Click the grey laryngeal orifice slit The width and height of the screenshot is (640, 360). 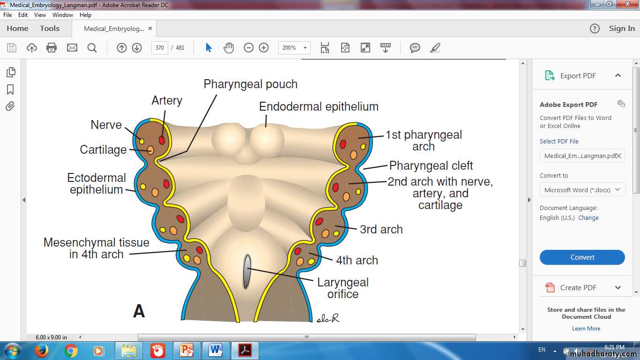pos(247,272)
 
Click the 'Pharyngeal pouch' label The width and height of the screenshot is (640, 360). pos(250,84)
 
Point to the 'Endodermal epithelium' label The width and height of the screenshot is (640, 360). pos(319,107)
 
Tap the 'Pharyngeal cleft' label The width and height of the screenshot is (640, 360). pos(431,165)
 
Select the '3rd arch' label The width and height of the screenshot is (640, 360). pos(381,229)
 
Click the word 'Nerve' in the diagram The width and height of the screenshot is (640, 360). pos(106,125)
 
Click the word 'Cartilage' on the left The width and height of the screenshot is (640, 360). pos(103,150)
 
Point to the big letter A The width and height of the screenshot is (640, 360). pos(139,311)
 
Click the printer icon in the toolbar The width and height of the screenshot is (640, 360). pos(52,48)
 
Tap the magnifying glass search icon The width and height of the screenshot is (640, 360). pos(92,48)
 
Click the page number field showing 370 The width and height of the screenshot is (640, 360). pos(159,48)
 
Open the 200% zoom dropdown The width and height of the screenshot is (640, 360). pos(305,48)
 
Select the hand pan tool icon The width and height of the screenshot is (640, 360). pos(229,48)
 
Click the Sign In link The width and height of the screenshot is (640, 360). pos(622,28)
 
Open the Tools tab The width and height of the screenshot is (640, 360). pos(50,28)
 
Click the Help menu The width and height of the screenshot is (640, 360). pos(85,15)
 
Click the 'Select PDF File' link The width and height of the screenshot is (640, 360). pos(559,141)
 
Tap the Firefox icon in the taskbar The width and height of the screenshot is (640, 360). pos(42,351)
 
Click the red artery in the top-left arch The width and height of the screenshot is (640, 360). pos(162,141)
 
